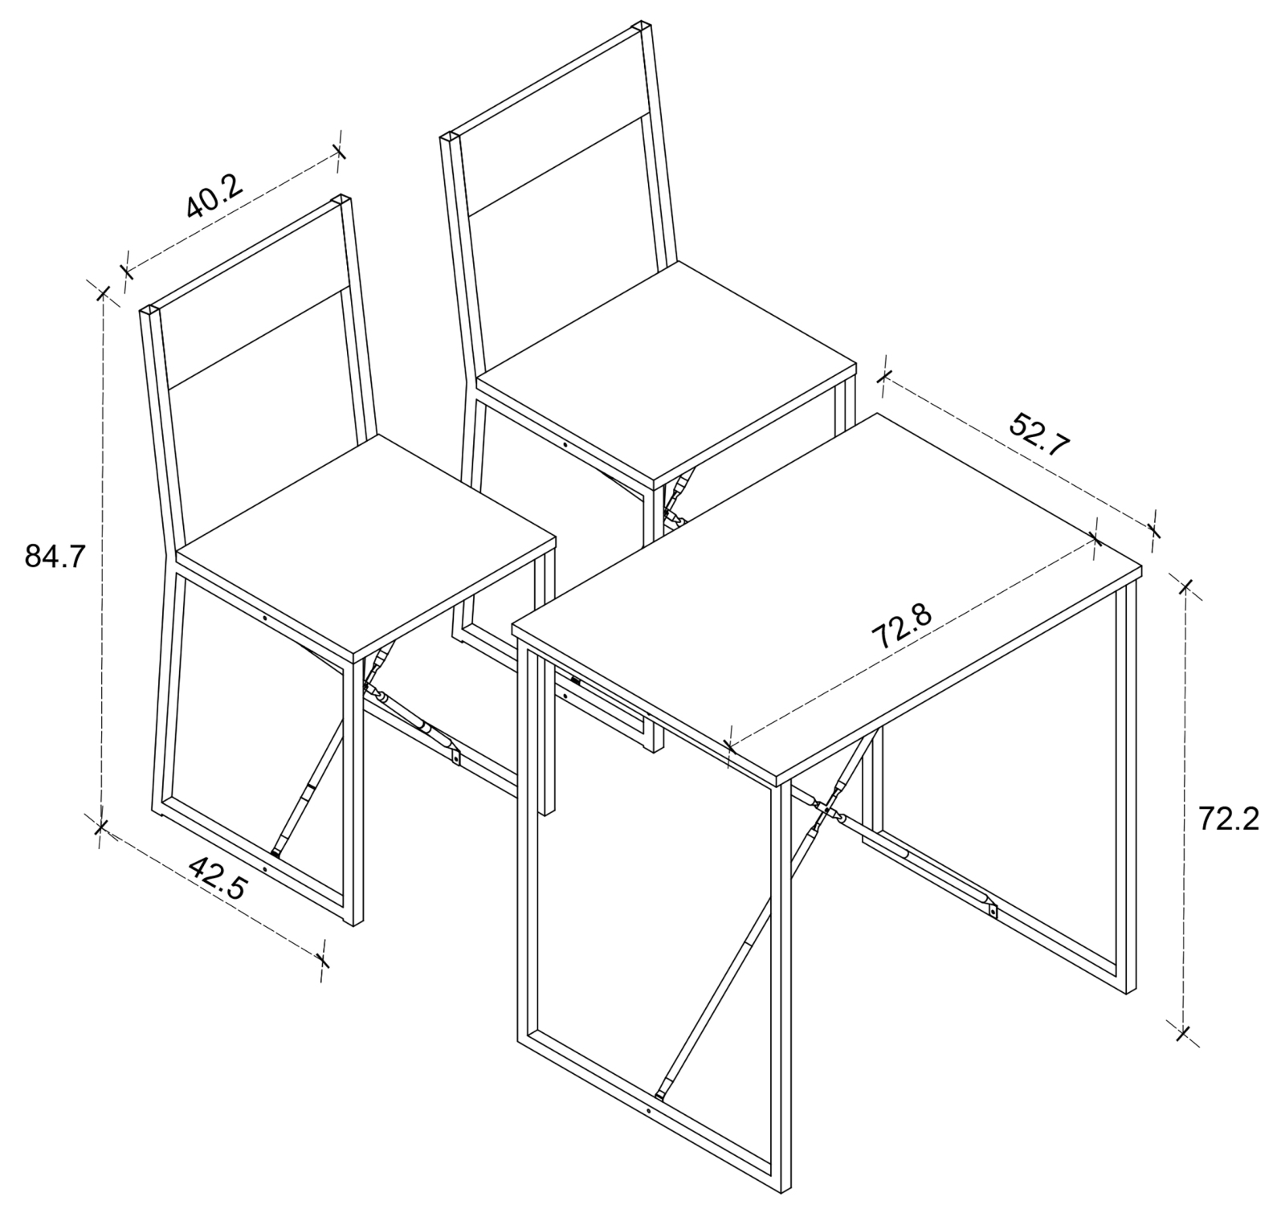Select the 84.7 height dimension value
click(55, 556)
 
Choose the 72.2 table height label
click(1229, 819)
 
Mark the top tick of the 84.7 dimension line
click(102, 292)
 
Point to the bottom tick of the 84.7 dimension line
click(100, 827)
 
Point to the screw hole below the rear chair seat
click(565, 445)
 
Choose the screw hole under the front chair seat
click(265, 618)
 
